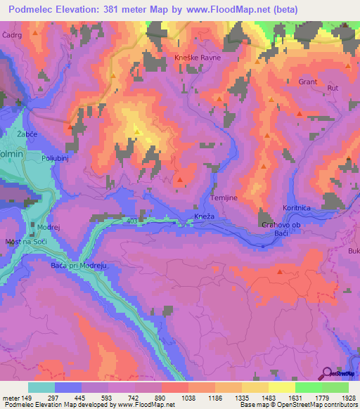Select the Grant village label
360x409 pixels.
click(x=308, y=82)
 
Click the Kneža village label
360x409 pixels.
click(x=203, y=216)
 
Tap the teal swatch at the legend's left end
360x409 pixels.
click(x=41, y=387)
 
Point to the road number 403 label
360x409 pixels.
click(x=134, y=221)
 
